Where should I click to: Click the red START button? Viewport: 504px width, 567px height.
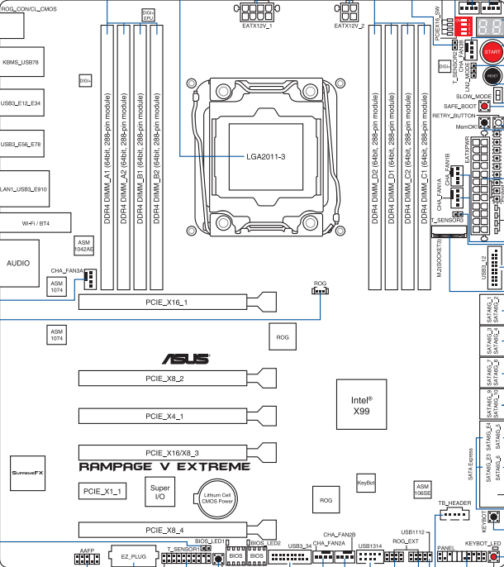(492, 52)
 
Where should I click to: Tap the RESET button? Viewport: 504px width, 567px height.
(492, 75)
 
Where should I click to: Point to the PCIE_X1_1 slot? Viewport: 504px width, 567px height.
(103, 491)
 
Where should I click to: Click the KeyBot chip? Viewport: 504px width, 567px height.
(366, 480)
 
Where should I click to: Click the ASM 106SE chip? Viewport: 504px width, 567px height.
(422, 490)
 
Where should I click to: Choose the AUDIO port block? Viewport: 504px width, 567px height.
(18, 264)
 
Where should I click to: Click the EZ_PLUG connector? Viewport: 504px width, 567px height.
(134, 558)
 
